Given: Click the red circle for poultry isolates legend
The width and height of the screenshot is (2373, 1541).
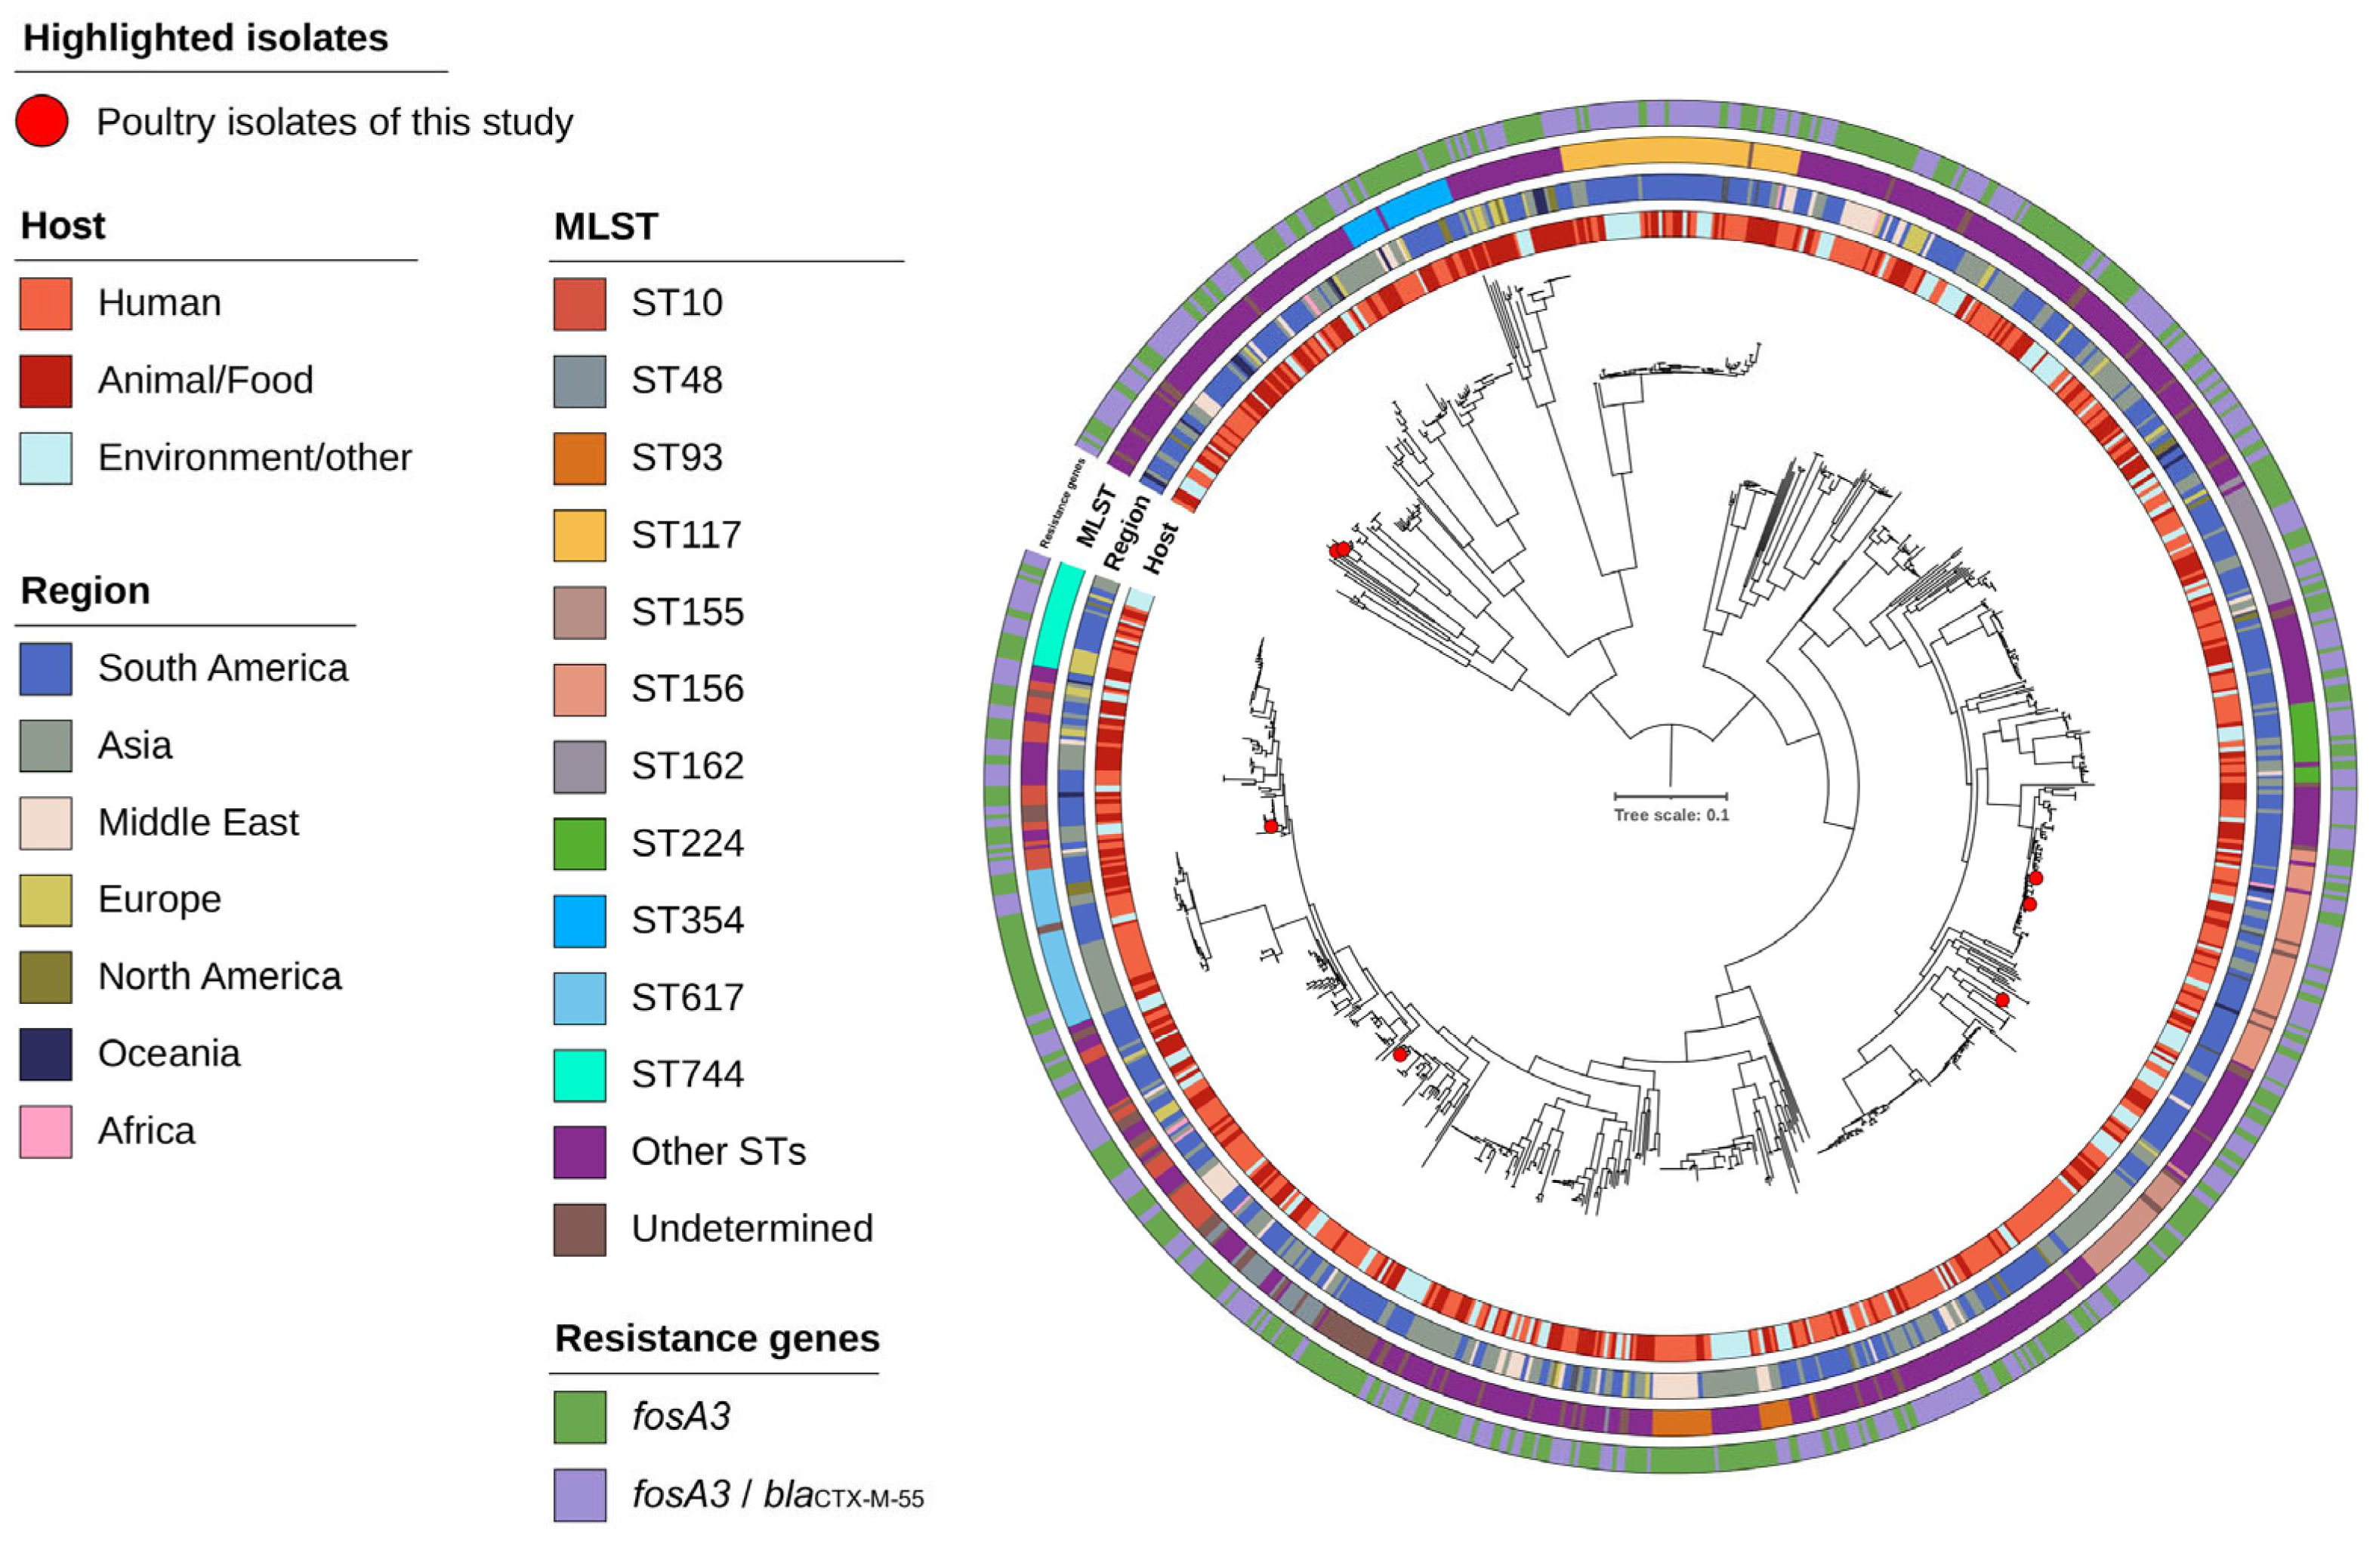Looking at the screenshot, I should pos(42,122).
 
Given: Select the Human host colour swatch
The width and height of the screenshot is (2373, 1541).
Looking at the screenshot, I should pos(46,303).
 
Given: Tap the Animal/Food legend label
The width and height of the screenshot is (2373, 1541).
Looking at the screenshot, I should pos(205,380).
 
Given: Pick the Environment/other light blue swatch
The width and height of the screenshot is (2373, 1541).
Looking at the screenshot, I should pos(46,458).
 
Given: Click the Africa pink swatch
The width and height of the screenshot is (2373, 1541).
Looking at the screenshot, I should pos(46,1131).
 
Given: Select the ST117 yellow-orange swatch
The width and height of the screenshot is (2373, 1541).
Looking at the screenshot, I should pos(579,536).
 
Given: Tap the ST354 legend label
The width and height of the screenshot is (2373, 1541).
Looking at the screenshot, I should pos(687,919).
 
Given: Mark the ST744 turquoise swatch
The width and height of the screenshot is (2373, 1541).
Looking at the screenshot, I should pos(579,1075).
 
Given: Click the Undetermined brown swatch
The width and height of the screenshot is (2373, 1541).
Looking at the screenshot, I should pos(579,1229).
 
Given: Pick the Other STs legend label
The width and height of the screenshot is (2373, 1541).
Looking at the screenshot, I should pos(718,1152).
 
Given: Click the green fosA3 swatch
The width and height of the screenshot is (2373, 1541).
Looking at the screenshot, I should pos(579,1417).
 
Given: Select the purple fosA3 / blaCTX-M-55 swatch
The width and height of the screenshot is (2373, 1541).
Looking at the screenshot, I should pos(579,1494).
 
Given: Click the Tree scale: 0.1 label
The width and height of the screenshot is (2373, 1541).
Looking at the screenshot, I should pos(1671,815).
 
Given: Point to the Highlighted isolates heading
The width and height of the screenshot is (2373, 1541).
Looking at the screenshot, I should pos(205,38).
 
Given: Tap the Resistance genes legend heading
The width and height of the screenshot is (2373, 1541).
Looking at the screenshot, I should pos(717,1339).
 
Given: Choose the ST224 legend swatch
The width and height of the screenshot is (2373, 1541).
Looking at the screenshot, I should pos(579,844).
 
